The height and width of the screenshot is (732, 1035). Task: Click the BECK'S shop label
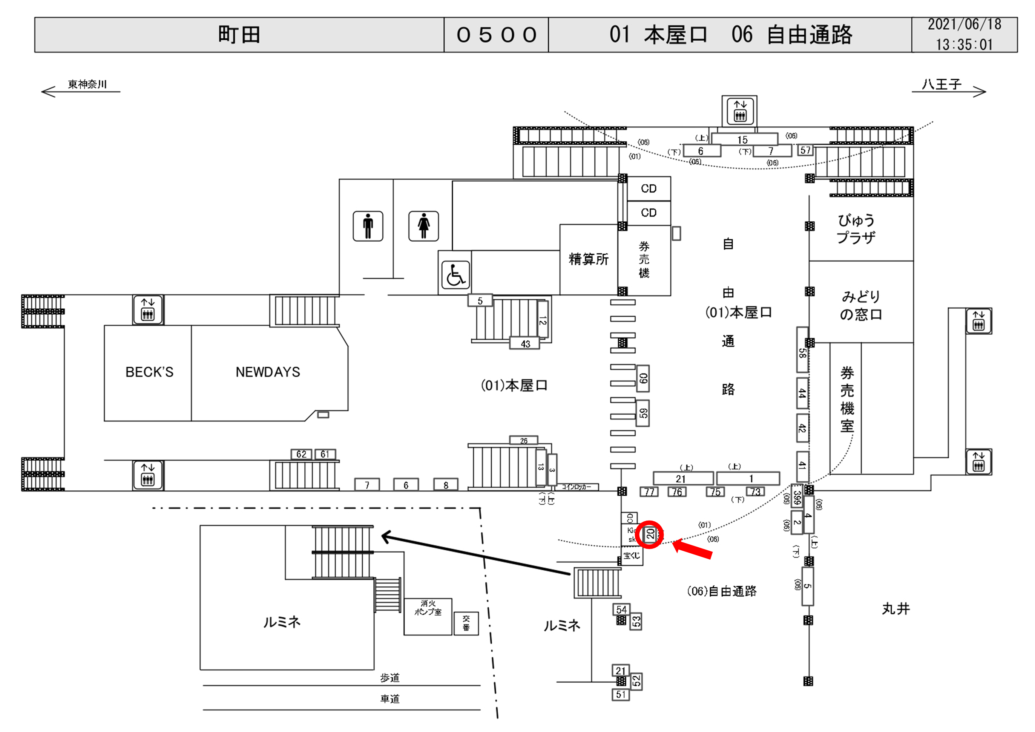click(149, 372)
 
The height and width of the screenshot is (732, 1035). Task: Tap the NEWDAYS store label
click(268, 372)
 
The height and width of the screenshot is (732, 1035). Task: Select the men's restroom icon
click(368, 226)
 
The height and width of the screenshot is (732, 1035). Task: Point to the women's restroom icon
click(423, 226)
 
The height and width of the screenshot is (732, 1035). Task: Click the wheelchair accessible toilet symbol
click(455, 274)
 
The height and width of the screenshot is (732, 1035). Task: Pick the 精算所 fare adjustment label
click(588, 259)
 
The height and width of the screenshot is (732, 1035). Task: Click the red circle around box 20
click(649, 534)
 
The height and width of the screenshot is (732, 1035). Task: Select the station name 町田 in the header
click(239, 35)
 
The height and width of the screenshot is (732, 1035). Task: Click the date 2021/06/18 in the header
click(964, 25)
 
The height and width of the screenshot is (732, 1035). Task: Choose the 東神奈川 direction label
click(87, 84)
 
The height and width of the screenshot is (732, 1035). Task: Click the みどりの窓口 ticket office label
click(860, 305)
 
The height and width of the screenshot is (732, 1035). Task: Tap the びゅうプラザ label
click(856, 229)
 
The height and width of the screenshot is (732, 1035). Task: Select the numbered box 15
click(742, 139)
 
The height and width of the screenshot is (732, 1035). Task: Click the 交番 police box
click(466, 623)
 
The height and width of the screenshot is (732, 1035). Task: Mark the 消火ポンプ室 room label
click(428, 608)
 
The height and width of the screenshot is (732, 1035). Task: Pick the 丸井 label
click(896, 609)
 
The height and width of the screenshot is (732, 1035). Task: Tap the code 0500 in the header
click(496, 35)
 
